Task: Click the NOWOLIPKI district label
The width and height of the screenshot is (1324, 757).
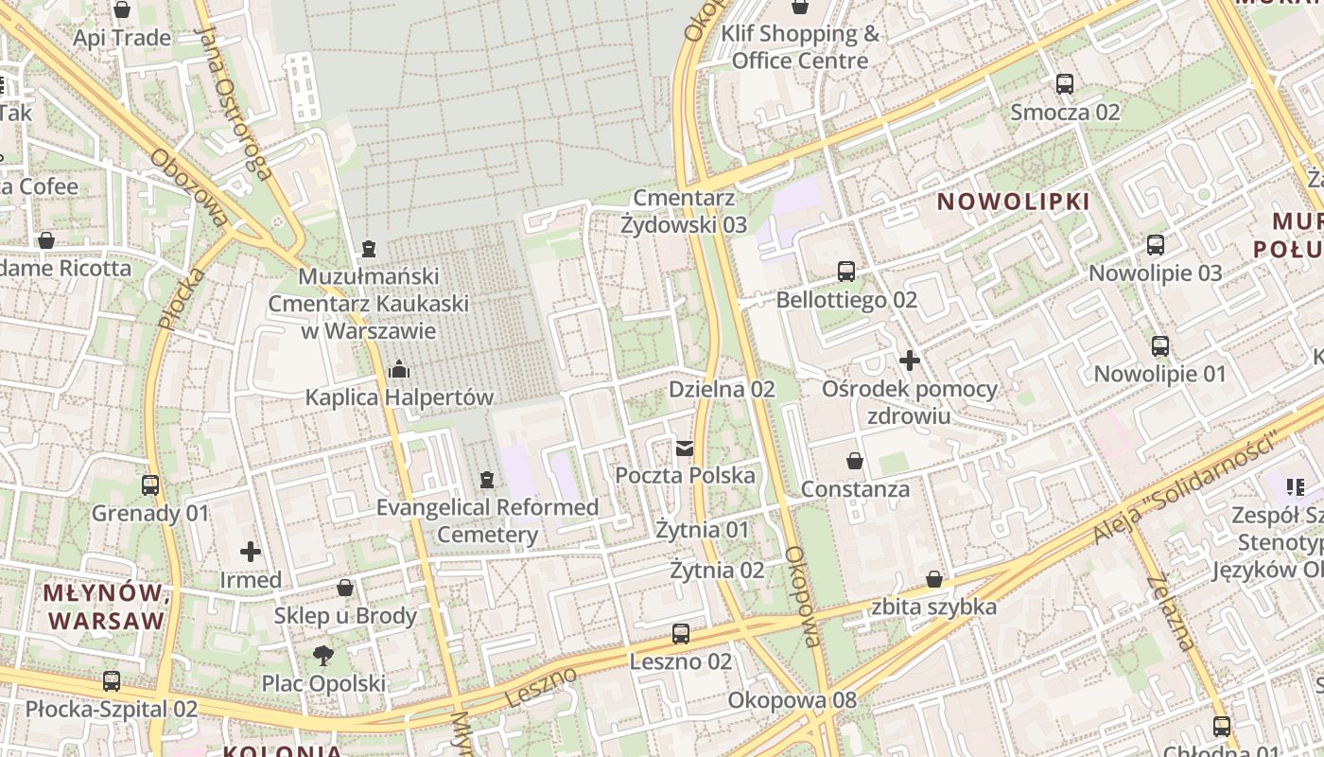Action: click(x=1013, y=202)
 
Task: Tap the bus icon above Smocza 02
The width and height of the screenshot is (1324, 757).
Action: click(x=1065, y=84)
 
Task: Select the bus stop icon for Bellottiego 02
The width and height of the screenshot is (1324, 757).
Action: click(x=846, y=272)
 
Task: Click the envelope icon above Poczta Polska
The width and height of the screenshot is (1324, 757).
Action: click(x=685, y=448)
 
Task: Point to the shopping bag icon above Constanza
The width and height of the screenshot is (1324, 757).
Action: click(x=855, y=461)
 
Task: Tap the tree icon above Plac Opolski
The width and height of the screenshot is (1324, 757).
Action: click(x=323, y=655)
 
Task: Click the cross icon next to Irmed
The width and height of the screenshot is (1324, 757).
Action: click(x=251, y=551)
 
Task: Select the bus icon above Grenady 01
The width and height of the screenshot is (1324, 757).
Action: click(x=150, y=485)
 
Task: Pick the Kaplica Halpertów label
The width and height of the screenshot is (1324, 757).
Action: click(x=399, y=397)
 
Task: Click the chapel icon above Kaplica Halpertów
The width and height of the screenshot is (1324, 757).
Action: click(x=399, y=368)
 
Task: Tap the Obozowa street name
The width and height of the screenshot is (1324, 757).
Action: click(x=189, y=188)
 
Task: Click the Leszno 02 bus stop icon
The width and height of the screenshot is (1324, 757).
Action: click(x=681, y=634)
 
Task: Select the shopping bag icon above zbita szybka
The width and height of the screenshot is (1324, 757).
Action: click(x=934, y=579)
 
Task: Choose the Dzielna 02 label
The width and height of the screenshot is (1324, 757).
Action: click(x=722, y=389)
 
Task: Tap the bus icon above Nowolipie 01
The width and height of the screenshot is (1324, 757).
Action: click(x=1160, y=346)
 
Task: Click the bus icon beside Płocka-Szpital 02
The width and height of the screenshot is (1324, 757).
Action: click(x=112, y=680)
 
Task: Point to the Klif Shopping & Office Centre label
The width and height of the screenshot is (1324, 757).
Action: click(x=800, y=47)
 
